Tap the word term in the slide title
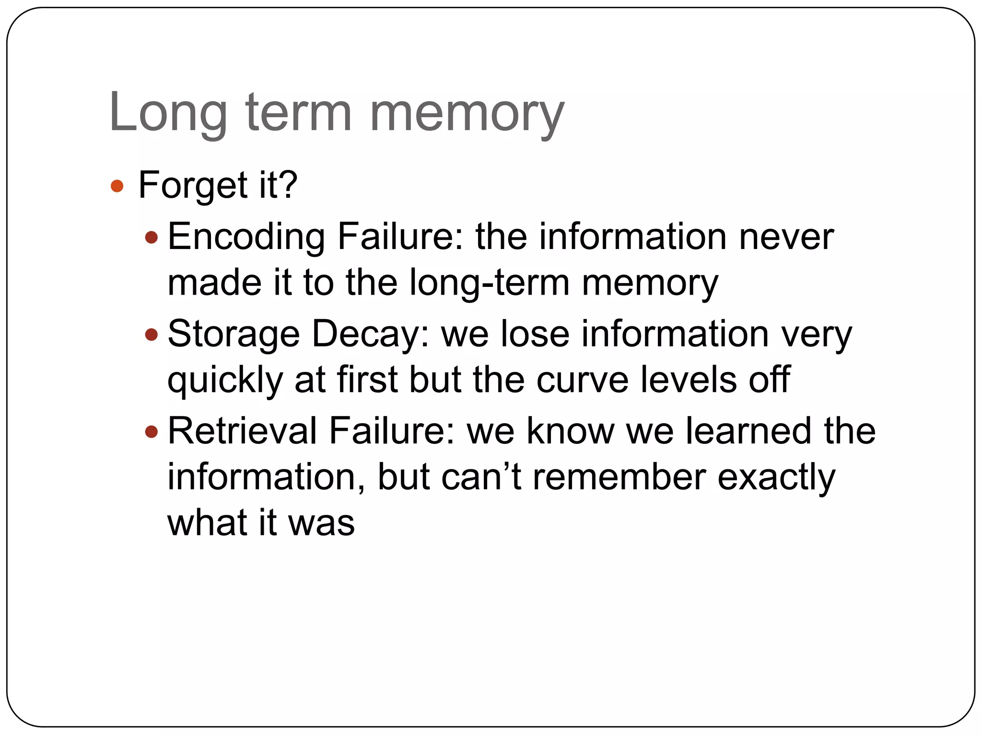point(299,113)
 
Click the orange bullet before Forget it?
point(117,186)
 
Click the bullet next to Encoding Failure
point(151,237)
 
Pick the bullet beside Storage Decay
point(151,334)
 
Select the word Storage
point(234,334)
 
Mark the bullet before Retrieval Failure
point(151,432)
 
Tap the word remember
point(619,478)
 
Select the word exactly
point(776,478)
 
